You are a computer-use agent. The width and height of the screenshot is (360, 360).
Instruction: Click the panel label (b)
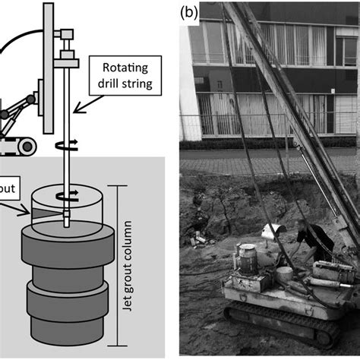[189, 13]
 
